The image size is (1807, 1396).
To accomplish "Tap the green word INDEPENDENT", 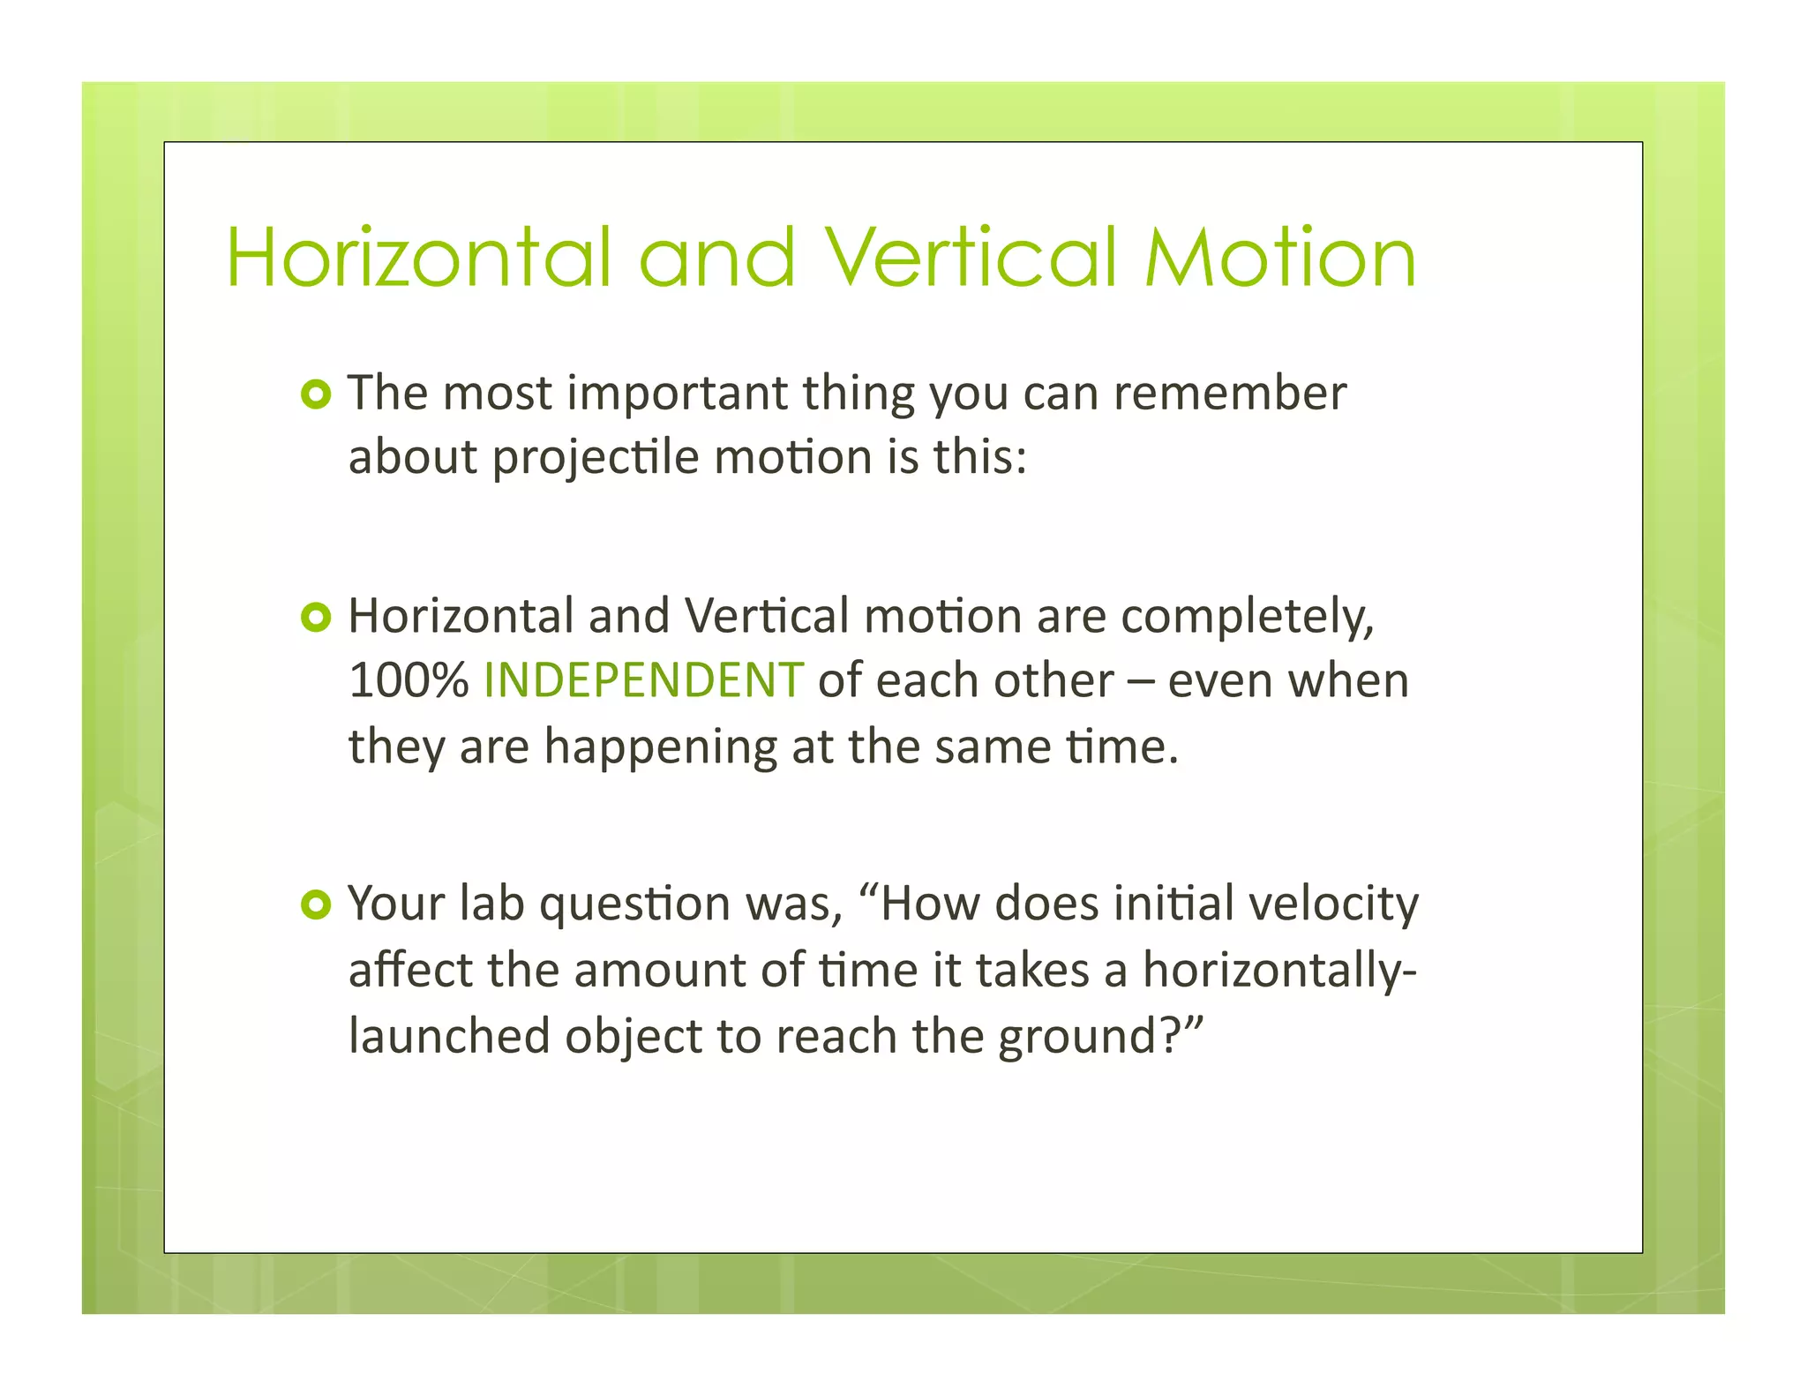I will pyautogui.click(x=643, y=680).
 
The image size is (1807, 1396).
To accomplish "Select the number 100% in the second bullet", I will pyautogui.click(x=408, y=680).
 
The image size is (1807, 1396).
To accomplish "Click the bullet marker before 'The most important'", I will pyautogui.click(x=315, y=394).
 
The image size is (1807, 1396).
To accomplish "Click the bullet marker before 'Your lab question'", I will pyautogui.click(x=315, y=904).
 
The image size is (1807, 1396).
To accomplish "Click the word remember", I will pyautogui.click(x=1229, y=394).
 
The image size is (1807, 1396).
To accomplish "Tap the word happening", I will pyautogui.click(x=660, y=747).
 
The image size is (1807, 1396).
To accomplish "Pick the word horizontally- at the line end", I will pyautogui.click(x=1279, y=971).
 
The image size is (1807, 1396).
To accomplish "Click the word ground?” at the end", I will pyautogui.click(x=1101, y=1036).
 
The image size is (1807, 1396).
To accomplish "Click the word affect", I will pyautogui.click(x=410, y=971).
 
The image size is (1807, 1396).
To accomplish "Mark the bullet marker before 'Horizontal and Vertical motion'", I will pyautogui.click(x=315, y=617).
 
